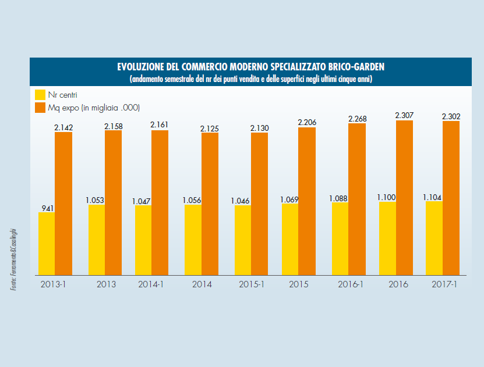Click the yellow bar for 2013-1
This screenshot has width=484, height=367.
point(47,243)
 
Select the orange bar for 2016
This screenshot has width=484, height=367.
point(404,197)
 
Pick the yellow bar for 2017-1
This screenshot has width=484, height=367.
point(434,237)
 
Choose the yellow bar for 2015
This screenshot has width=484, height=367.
point(290,239)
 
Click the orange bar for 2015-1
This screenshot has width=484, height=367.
point(260,204)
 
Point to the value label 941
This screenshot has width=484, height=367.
point(47,208)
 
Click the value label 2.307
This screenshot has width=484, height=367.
point(404,115)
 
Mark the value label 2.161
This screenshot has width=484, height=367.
point(160,125)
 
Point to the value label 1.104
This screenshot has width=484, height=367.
point(434,197)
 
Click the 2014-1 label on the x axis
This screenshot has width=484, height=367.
point(151,284)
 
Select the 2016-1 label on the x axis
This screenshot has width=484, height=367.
point(351,284)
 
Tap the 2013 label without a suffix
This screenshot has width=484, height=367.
point(105,284)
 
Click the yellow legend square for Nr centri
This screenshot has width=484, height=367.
point(40,95)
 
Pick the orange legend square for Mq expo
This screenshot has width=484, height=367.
point(40,108)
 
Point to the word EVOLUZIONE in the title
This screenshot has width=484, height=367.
point(142,67)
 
